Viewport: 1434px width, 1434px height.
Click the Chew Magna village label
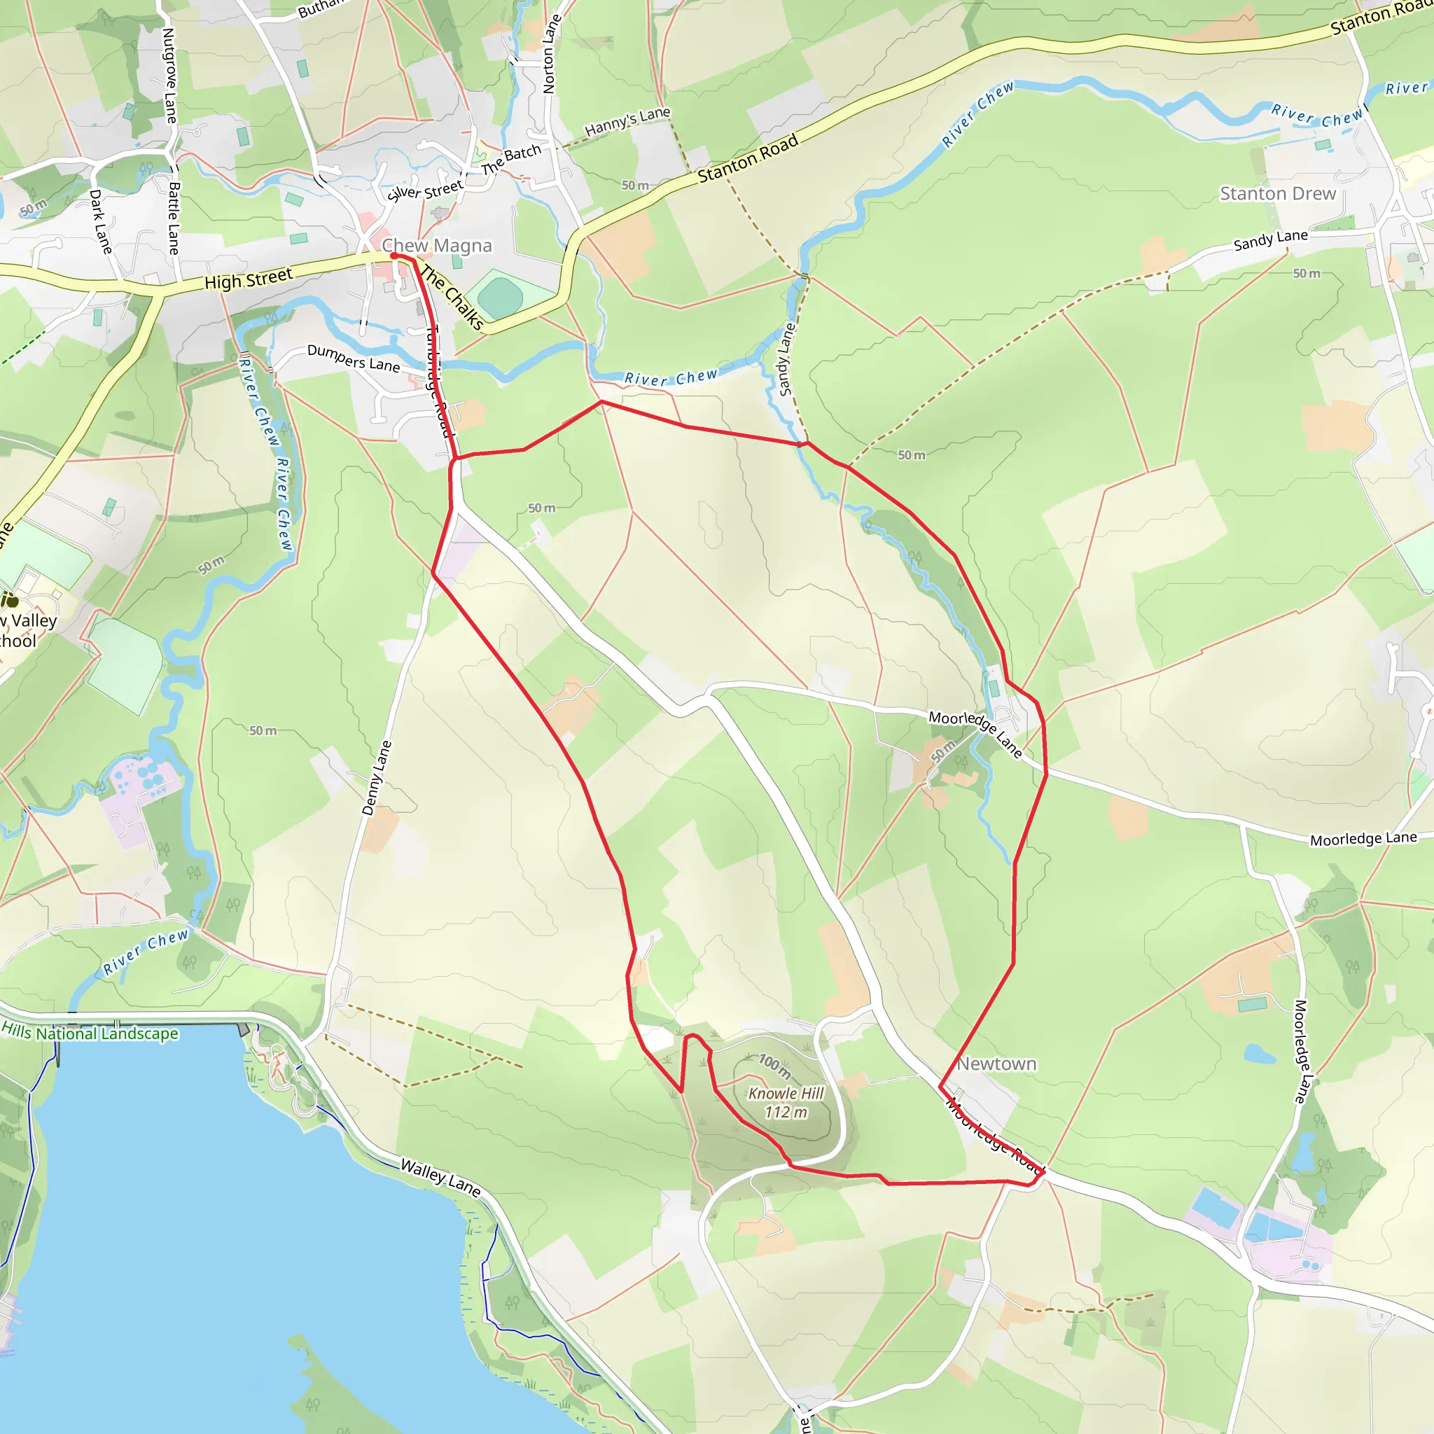tap(436, 246)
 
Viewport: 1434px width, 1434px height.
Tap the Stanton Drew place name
tap(1277, 194)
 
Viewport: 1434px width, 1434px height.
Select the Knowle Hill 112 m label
tap(786, 1102)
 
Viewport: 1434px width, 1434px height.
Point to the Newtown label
tap(996, 1064)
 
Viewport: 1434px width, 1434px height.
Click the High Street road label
tap(249, 279)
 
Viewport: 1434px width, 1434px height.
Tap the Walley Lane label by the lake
tap(440, 1177)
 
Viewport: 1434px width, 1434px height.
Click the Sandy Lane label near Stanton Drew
tap(1270, 239)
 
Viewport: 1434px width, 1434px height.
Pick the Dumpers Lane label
tap(354, 358)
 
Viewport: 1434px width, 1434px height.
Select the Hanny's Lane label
tap(627, 122)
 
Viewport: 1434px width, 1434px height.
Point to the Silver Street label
tap(424, 190)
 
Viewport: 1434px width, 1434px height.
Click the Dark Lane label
tap(100, 221)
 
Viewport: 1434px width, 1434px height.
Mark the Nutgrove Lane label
tap(170, 76)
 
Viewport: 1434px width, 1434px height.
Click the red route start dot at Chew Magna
tap(394, 256)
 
